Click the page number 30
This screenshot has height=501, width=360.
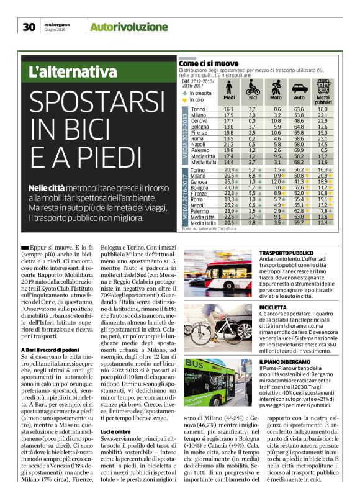pos(29,27)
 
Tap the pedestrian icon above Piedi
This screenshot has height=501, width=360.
pos(229,86)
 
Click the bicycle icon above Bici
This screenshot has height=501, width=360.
pos(253,86)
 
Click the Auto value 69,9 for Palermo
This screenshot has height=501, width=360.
pos(299,150)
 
